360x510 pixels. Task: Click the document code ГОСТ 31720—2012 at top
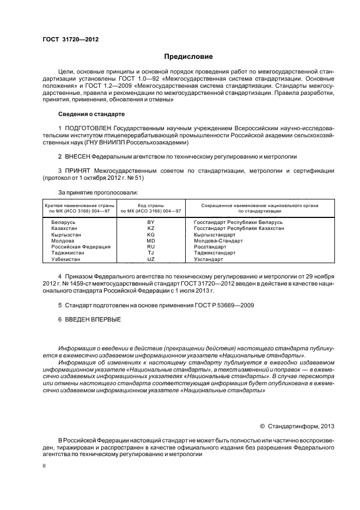pyautogui.click(x=71, y=40)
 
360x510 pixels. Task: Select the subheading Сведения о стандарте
pyautogui.click(x=91, y=114)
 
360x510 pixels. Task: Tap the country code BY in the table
pyautogui.click(x=150, y=222)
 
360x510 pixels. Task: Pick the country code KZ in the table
pyautogui.click(x=150, y=228)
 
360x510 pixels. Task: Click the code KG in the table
pyautogui.click(x=150, y=234)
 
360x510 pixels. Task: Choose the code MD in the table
pyautogui.click(x=150, y=240)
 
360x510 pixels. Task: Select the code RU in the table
pyautogui.click(x=150, y=246)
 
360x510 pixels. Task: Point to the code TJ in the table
pyautogui.click(x=150, y=253)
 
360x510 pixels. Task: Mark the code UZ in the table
pyautogui.click(x=150, y=259)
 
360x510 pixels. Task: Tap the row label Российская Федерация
pyautogui.click(x=81, y=246)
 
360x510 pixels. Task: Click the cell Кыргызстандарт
pyautogui.click(x=215, y=234)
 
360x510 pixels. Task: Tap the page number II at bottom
pyautogui.click(x=44, y=466)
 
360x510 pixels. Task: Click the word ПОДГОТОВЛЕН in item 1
pyautogui.click(x=89, y=127)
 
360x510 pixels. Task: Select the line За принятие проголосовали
pyautogui.click(x=98, y=192)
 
